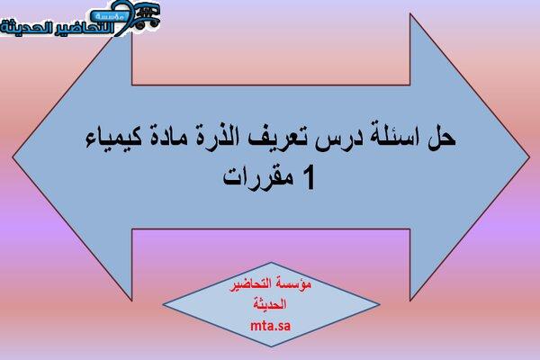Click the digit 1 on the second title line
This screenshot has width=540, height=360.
(309, 178)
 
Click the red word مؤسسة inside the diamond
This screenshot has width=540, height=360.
(293, 284)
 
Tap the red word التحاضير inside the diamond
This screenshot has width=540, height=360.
(251, 285)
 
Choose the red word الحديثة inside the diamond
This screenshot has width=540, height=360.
(270, 304)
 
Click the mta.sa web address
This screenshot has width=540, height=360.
(270, 325)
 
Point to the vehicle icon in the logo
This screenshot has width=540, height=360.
(147, 16)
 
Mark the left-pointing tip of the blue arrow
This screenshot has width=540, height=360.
(13, 157)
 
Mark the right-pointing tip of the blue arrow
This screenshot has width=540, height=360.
(529, 157)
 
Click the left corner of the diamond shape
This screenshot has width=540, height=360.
(163, 304)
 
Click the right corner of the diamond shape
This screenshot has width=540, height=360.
(380, 304)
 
